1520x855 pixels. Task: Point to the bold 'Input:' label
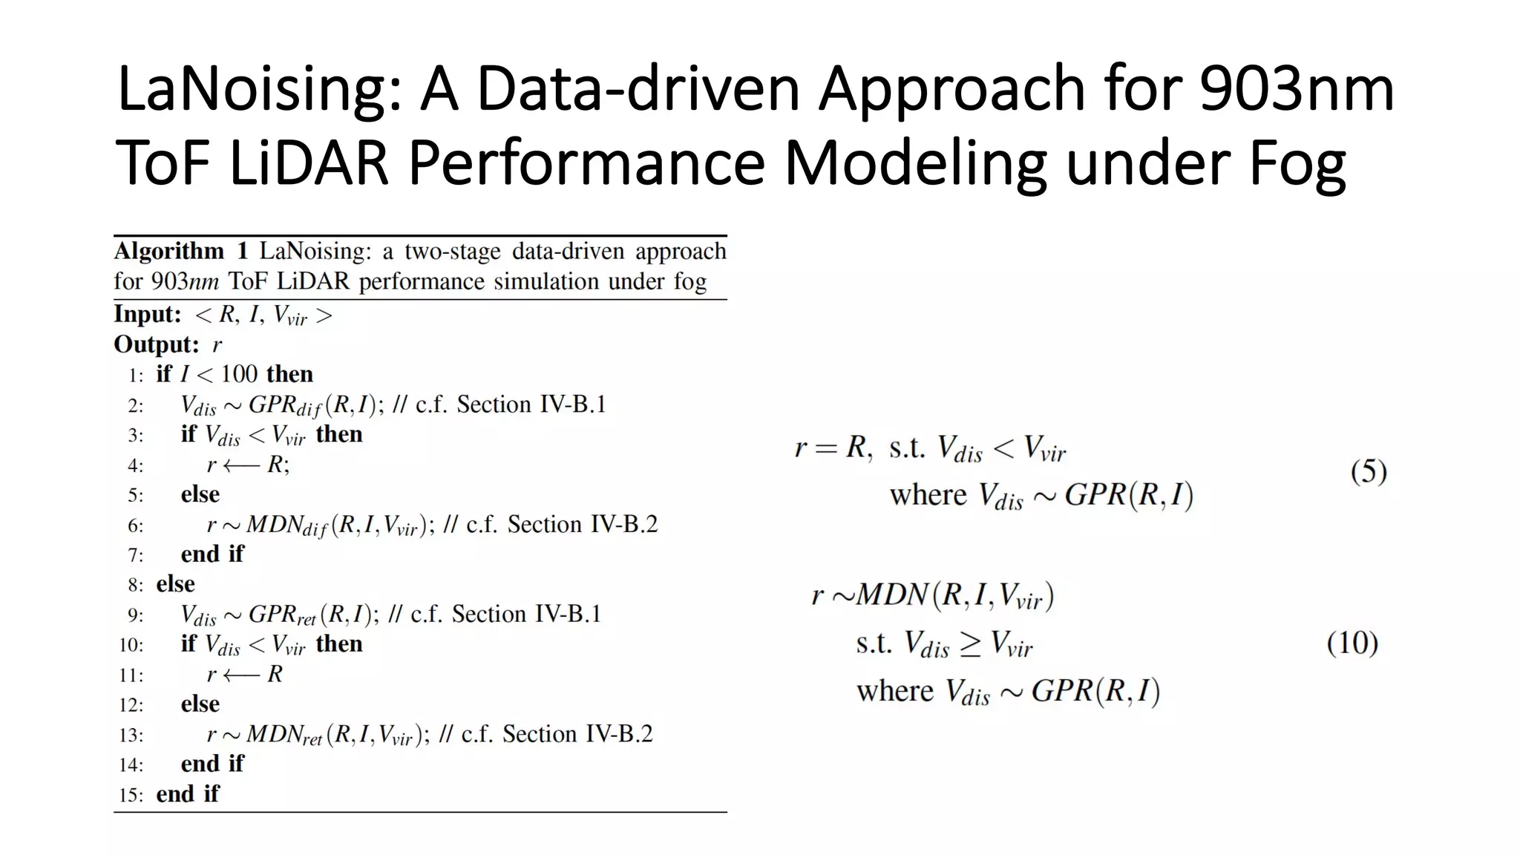click(x=148, y=315)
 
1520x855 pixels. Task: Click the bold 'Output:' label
click(x=157, y=344)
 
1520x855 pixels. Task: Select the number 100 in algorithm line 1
click(x=239, y=374)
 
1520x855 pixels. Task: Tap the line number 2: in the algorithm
click(x=135, y=405)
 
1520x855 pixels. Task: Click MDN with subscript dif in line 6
click(x=286, y=525)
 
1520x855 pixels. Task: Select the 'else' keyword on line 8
click(x=175, y=584)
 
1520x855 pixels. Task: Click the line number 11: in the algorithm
click(x=131, y=675)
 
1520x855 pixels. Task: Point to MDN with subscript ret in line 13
click(x=284, y=735)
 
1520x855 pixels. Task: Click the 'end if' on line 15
click(x=188, y=794)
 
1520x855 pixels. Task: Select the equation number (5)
click(x=1369, y=471)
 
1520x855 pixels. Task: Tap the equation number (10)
click(x=1352, y=643)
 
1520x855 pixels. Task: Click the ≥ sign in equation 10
click(x=970, y=644)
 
